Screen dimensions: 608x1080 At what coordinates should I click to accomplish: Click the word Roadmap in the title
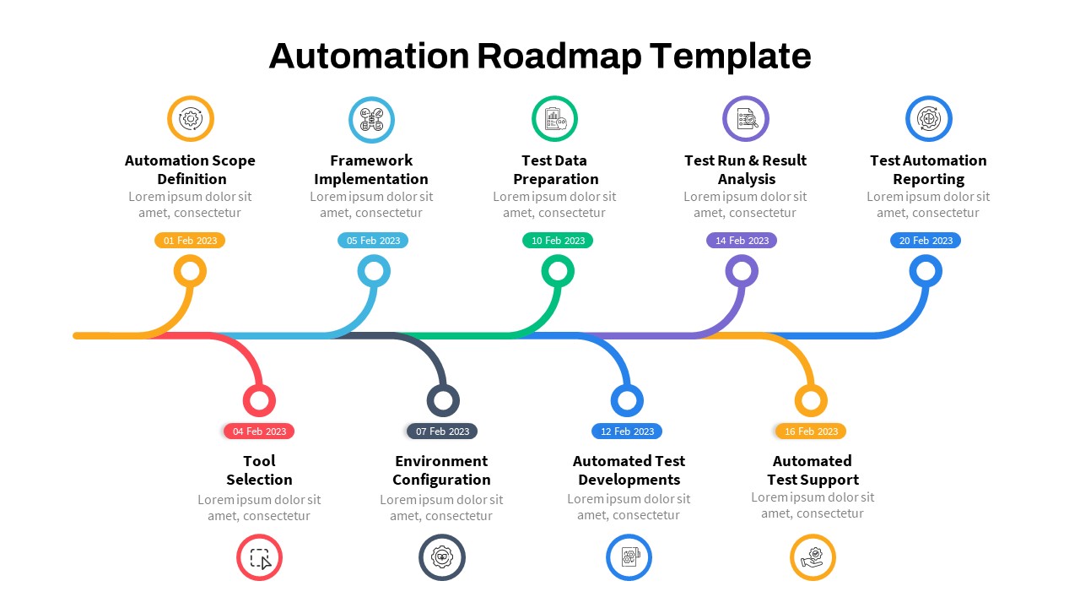559,57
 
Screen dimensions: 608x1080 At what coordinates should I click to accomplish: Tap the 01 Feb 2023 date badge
190,241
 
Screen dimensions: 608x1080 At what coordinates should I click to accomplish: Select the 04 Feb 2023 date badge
259,432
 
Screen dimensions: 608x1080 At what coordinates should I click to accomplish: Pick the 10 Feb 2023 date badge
558,241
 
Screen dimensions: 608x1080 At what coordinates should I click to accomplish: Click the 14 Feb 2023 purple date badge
742,241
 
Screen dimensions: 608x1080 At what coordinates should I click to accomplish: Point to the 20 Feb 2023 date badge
926,241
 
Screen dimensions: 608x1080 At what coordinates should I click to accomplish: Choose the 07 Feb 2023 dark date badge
442,432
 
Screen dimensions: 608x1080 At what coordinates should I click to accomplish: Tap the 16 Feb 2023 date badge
811,432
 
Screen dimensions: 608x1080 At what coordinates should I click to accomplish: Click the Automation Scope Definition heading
190,170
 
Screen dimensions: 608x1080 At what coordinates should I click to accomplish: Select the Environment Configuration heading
440,470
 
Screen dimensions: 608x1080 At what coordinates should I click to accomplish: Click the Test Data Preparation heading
555,170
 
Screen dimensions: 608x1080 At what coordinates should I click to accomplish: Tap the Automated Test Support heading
812,470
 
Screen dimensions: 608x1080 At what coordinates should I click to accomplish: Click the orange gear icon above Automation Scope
191,119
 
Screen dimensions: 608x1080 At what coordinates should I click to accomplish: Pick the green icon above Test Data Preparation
554,119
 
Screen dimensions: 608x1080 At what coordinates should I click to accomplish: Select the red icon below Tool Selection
259,558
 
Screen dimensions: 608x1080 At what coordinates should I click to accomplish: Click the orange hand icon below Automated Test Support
813,558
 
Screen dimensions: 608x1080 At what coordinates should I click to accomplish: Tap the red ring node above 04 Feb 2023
259,400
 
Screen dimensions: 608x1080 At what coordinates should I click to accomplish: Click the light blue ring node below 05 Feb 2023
374,272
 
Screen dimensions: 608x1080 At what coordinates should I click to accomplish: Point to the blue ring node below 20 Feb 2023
926,272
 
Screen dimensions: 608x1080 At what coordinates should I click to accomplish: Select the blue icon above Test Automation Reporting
928,119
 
